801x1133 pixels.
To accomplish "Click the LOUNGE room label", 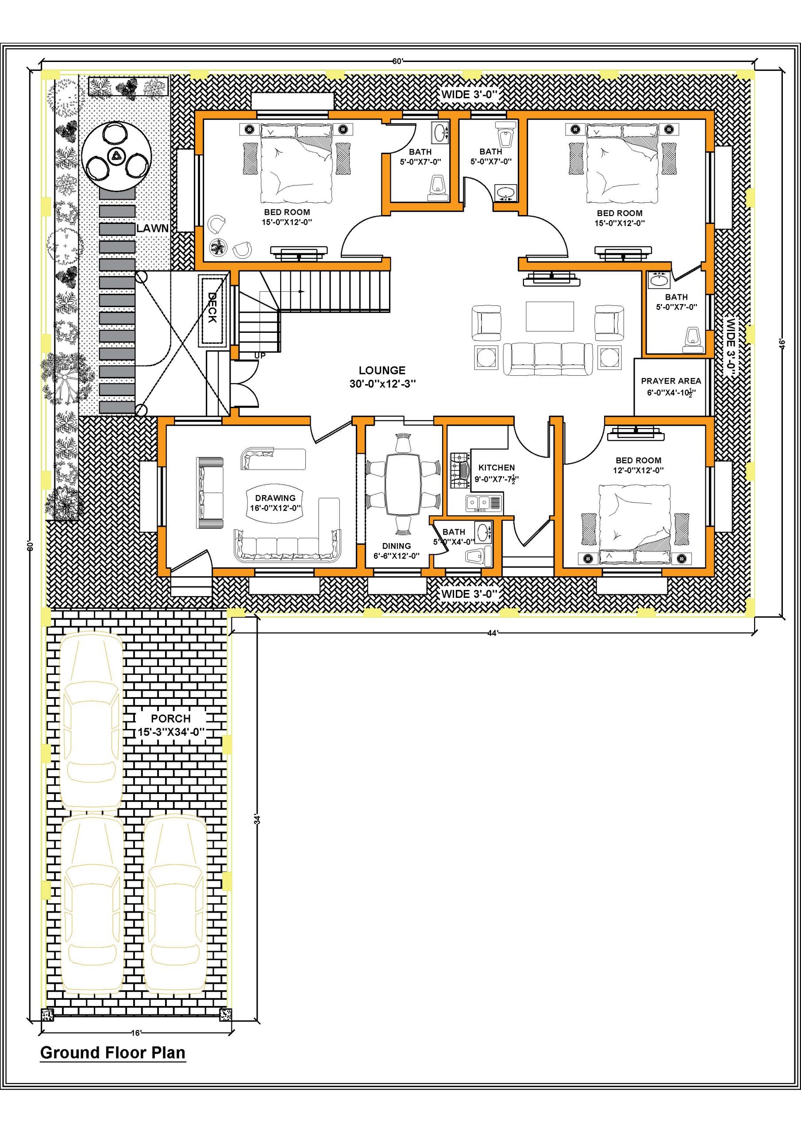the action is [x=382, y=370].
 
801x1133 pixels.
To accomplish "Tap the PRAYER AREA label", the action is [x=671, y=381].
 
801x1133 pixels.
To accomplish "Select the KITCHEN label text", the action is [x=497, y=467].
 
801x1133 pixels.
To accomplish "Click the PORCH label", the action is [x=171, y=718].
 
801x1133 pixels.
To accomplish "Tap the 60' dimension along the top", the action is [x=398, y=61].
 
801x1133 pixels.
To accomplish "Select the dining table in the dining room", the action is [x=403, y=484].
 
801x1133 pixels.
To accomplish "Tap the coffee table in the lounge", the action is [x=550, y=316].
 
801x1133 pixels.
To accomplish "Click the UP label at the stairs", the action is [x=260, y=355].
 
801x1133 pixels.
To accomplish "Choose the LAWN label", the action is [x=153, y=228].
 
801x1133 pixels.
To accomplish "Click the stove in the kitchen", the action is [x=460, y=471].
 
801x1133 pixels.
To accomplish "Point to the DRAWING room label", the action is [x=275, y=498].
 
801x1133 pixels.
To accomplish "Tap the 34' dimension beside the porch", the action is [x=257, y=819].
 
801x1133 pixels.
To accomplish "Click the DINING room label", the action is [x=397, y=546].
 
